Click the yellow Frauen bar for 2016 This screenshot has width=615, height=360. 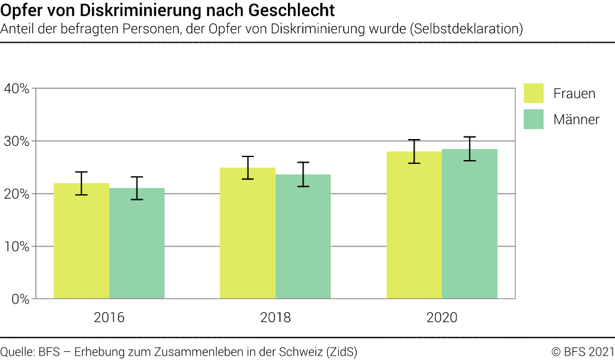(81, 242)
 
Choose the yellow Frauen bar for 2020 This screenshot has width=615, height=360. (414, 227)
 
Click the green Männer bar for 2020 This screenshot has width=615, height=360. (469, 225)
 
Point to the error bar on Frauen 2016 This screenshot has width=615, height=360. (81, 183)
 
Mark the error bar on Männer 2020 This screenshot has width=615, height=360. (469, 149)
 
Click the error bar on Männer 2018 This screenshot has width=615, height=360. (303, 174)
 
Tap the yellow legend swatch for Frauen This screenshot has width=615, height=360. (534, 93)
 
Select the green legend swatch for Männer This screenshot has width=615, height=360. (534, 119)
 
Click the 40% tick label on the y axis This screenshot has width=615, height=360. (17, 88)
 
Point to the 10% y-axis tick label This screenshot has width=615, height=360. (17, 246)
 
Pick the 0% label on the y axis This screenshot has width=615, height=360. (20, 299)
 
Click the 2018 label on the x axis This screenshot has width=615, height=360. (276, 318)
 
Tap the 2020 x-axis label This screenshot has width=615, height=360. (442, 318)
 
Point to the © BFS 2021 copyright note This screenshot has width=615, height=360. (583, 351)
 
